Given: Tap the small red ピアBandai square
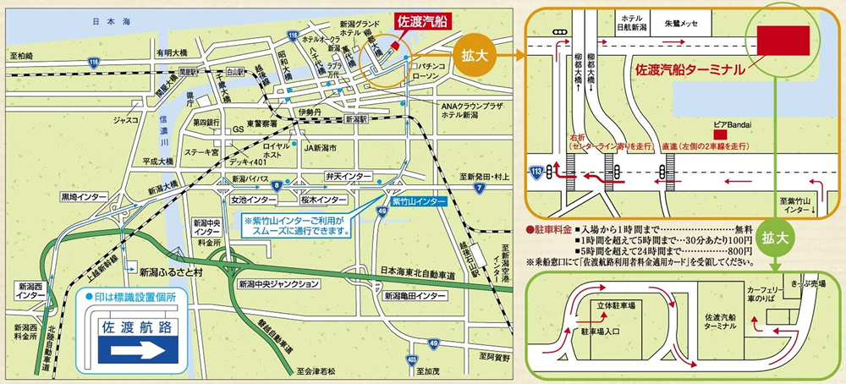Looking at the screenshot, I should pos(721,134).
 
